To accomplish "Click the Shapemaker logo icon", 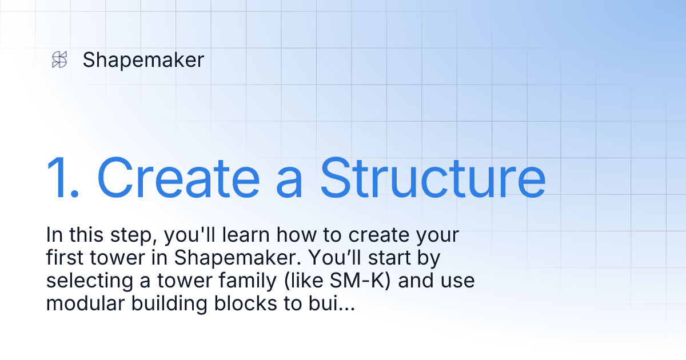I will (59, 59).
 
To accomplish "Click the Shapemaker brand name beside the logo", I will (143, 59).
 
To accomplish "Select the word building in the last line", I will (170, 304).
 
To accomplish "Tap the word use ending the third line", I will (458, 281).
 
